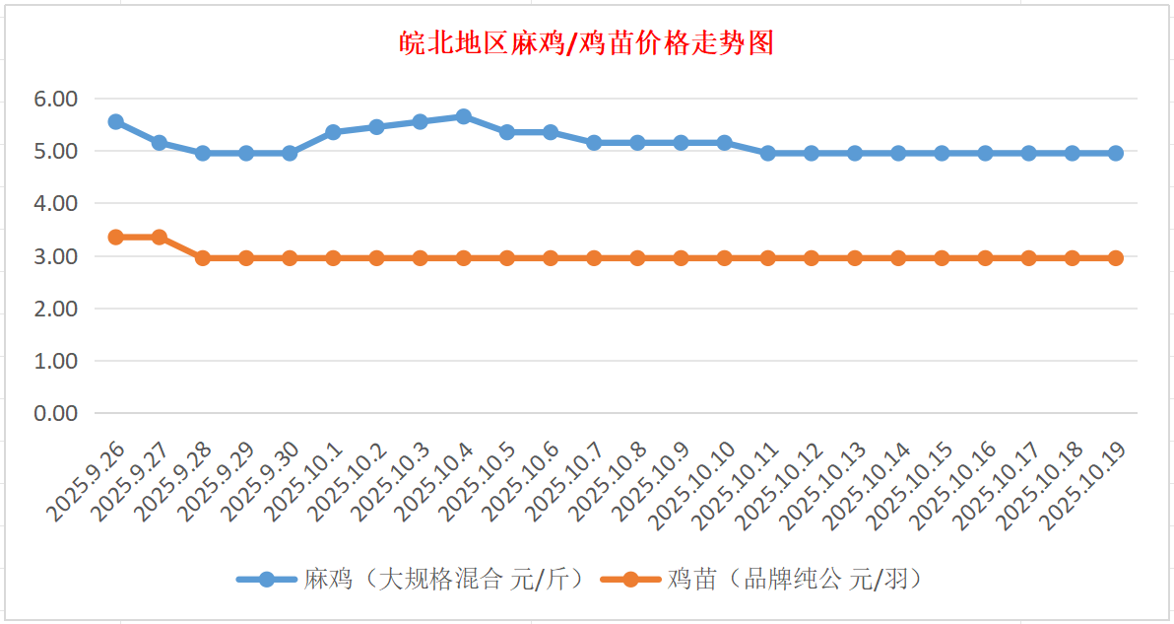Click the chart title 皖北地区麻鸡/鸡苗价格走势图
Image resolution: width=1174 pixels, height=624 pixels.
tap(587, 43)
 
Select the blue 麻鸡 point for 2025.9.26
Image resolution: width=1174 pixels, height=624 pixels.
tap(115, 121)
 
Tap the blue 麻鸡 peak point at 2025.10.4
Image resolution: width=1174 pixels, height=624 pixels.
tap(463, 116)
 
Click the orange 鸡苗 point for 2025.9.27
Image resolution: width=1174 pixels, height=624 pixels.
tap(159, 237)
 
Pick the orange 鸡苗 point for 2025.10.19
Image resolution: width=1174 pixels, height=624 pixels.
tap(1116, 257)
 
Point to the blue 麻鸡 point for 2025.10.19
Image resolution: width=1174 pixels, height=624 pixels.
tap(1116, 153)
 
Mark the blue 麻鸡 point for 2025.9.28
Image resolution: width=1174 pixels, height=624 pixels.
tap(203, 153)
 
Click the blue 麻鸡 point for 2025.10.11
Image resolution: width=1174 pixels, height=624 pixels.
tap(768, 153)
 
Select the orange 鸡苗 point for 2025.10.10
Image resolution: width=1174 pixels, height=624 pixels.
tap(725, 257)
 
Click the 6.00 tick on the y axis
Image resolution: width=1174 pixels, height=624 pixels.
tap(55, 99)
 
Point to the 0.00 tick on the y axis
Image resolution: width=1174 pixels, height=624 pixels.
tap(55, 413)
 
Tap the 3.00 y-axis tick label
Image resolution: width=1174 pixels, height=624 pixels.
tap(55, 256)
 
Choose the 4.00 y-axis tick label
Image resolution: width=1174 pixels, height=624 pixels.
tap(55, 203)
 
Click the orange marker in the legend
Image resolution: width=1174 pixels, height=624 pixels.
tap(630, 579)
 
